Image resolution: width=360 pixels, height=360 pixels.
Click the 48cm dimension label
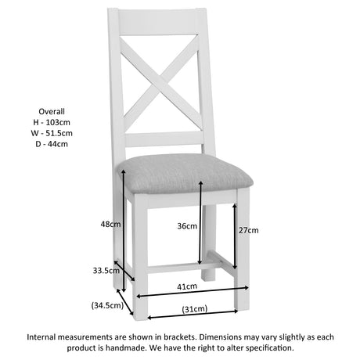point(110,224)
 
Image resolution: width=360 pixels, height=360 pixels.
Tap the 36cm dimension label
point(187,226)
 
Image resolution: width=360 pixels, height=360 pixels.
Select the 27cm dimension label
point(249,230)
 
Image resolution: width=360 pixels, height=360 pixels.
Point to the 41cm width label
point(187,286)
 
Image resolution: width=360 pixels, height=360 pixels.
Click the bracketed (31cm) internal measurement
point(195,309)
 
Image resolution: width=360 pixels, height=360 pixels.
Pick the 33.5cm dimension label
point(106,271)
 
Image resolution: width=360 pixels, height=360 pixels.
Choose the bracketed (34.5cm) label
point(107,305)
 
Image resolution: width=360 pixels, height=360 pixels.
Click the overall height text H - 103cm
point(52,122)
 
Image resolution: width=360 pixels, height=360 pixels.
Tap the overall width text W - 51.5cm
point(52,133)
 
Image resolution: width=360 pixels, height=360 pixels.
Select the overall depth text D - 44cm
point(52,144)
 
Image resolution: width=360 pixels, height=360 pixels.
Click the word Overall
point(52,111)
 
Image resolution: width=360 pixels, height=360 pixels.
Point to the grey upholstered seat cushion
point(185,174)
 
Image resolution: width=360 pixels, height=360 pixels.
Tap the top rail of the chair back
point(157,22)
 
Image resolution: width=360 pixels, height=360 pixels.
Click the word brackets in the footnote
point(179,337)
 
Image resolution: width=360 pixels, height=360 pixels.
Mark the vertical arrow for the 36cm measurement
point(200,222)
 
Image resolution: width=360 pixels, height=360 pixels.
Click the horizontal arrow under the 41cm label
point(193,292)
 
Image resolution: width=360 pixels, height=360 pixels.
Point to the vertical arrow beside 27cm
point(235,236)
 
